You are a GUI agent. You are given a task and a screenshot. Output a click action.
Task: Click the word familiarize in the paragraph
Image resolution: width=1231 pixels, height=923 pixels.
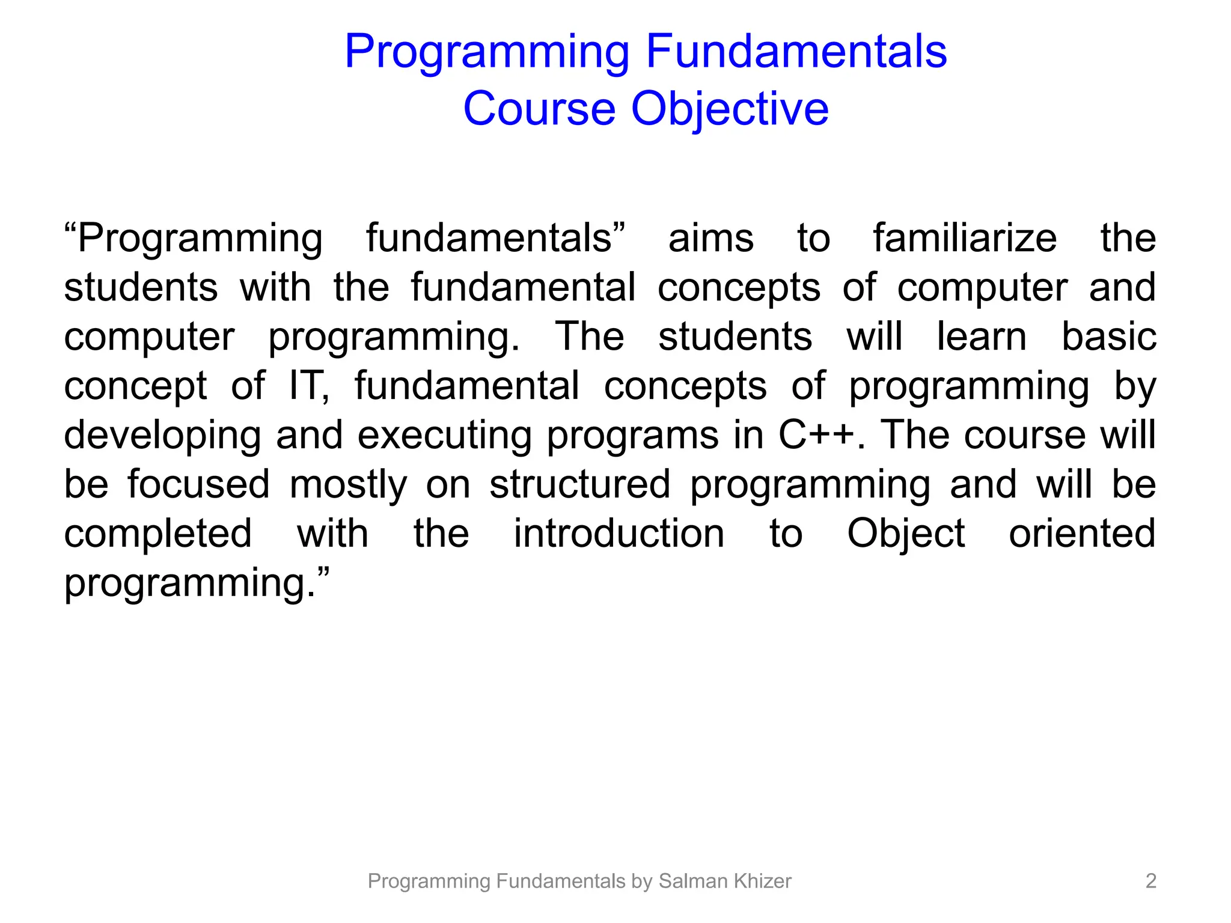tap(964, 238)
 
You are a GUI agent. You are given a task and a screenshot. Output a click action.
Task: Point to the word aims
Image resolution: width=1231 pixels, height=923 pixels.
tap(710, 238)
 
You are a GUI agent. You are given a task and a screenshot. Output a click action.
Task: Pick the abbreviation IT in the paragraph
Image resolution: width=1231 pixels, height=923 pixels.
tap(308, 386)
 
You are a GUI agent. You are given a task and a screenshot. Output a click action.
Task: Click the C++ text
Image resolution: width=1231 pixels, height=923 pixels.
tap(816, 435)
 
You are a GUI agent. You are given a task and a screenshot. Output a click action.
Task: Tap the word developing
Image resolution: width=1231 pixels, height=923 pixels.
tap(162, 436)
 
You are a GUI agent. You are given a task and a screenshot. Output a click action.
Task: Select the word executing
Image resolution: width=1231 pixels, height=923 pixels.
tap(444, 436)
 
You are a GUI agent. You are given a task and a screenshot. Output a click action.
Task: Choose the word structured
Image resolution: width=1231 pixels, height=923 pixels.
tap(579, 484)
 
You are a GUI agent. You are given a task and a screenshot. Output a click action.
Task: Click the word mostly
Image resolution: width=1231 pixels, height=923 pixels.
tap(348, 486)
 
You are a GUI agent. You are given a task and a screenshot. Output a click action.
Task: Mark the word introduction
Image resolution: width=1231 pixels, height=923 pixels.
tap(619, 534)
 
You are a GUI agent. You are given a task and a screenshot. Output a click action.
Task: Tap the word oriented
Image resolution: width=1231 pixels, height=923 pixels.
tap(1081, 534)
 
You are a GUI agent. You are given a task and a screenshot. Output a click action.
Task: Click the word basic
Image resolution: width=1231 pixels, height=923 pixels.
tap(1108, 337)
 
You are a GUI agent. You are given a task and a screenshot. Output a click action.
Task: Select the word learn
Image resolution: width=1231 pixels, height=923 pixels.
tap(981, 337)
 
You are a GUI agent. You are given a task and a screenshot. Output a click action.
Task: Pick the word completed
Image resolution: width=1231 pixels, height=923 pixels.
tap(157, 535)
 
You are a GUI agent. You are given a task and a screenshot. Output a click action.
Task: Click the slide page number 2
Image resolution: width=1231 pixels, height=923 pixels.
tap(1150, 881)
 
